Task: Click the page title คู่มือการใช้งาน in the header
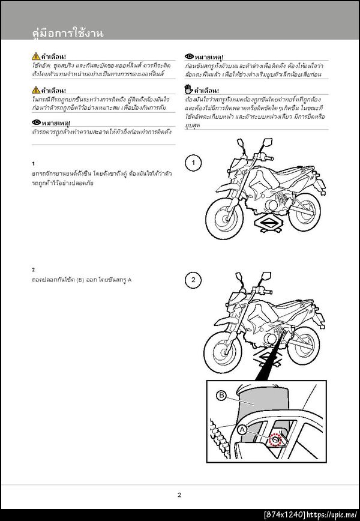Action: click(67, 34)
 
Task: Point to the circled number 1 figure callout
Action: click(192, 163)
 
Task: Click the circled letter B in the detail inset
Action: click(221, 396)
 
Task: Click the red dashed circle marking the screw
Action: click(275, 440)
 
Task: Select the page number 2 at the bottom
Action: click(179, 495)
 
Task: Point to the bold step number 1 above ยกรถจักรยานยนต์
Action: click(34, 163)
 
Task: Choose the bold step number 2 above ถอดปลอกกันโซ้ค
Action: click(34, 270)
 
